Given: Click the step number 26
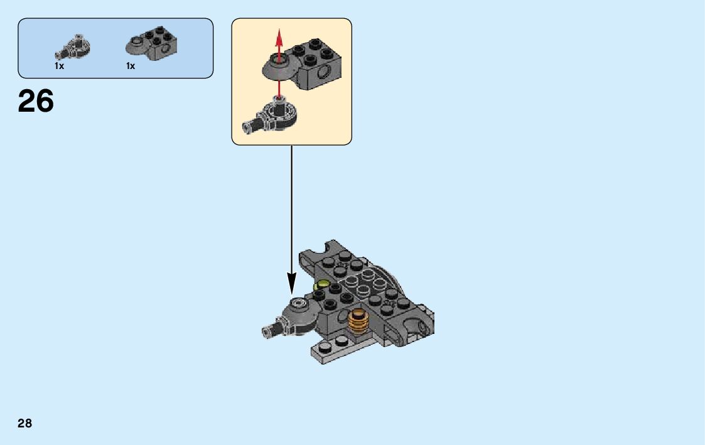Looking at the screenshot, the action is [x=36, y=101].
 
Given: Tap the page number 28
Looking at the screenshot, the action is [x=24, y=423].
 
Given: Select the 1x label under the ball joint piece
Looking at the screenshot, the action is [x=59, y=66].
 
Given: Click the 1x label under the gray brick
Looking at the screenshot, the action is [x=131, y=66].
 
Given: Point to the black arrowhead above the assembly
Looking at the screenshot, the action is [x=291, y=284].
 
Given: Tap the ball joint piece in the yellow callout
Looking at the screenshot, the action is [x=275, y=115].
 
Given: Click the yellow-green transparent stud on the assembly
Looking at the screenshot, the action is [x=323, y=286].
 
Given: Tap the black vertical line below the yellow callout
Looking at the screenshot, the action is [x=291, y=207].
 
